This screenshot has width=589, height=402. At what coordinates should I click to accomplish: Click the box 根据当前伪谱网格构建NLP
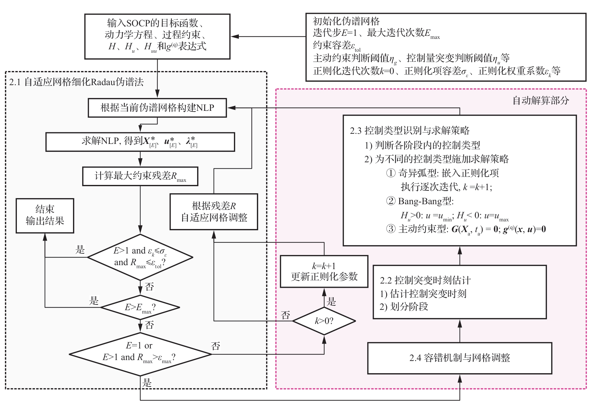click(x=157, y=108)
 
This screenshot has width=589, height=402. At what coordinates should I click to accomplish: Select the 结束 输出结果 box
click(x=45, y=216)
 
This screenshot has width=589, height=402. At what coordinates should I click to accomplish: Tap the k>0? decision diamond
click(x=324, y=321)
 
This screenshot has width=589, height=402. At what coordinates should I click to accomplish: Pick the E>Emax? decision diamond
click(x=140, y=307)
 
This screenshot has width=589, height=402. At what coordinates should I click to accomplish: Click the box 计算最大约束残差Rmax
click(x=140, y=176)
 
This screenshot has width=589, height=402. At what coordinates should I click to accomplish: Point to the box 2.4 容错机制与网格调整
click(x=459, y=358)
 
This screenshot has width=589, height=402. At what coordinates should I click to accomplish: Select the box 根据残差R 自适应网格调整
click(x=214, y=212)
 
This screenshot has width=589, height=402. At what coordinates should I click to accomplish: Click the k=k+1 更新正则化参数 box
click(x=324, y=271)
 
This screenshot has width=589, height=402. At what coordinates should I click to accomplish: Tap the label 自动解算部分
click(x=541, y=100)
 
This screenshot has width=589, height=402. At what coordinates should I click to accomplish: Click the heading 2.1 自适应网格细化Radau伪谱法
click(x=76, y=82)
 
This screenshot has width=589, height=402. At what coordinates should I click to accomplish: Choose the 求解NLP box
click(x=140, y=142)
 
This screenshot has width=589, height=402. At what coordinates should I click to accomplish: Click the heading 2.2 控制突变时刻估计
click(x=425, y=280)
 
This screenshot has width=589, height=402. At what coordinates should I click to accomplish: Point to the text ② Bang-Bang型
click(x=420, y=201)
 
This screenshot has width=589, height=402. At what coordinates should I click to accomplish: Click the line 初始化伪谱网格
click(x=346, y=21)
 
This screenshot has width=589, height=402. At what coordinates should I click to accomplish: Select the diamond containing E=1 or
click(x=140, y=354)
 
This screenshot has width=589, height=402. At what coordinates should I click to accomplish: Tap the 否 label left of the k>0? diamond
click(x=285, y=315)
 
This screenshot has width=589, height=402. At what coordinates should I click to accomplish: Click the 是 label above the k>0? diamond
click(x=331, y=301)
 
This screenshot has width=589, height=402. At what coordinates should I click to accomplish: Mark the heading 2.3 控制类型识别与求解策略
click(x=410, y=131)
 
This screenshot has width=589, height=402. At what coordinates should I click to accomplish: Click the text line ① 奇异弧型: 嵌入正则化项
click(x=442, y=173)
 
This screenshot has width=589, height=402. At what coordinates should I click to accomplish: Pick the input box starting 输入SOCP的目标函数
click(x=157, y=36)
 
